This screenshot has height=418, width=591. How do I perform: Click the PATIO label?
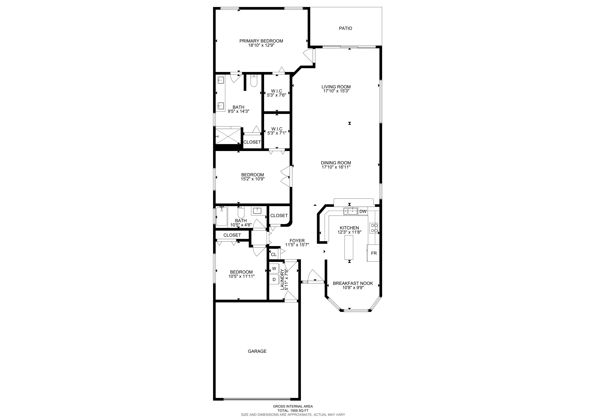(x=345, y=28)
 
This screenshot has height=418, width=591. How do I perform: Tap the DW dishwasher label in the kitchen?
(x=363, y=212)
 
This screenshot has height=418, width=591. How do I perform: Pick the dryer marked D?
(x=274, y=279)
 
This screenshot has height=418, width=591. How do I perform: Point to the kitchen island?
(x=349, y=247)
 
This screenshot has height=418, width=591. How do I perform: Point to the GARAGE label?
(x=257, y=351)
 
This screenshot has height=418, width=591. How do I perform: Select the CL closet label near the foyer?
(x=274, y=255)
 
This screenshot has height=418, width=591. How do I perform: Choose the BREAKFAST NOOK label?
(x=353, y=283)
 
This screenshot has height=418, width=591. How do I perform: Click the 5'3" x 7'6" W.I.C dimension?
(x=276, y=95)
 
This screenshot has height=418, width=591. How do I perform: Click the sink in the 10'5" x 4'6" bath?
(x=257, y=211)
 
